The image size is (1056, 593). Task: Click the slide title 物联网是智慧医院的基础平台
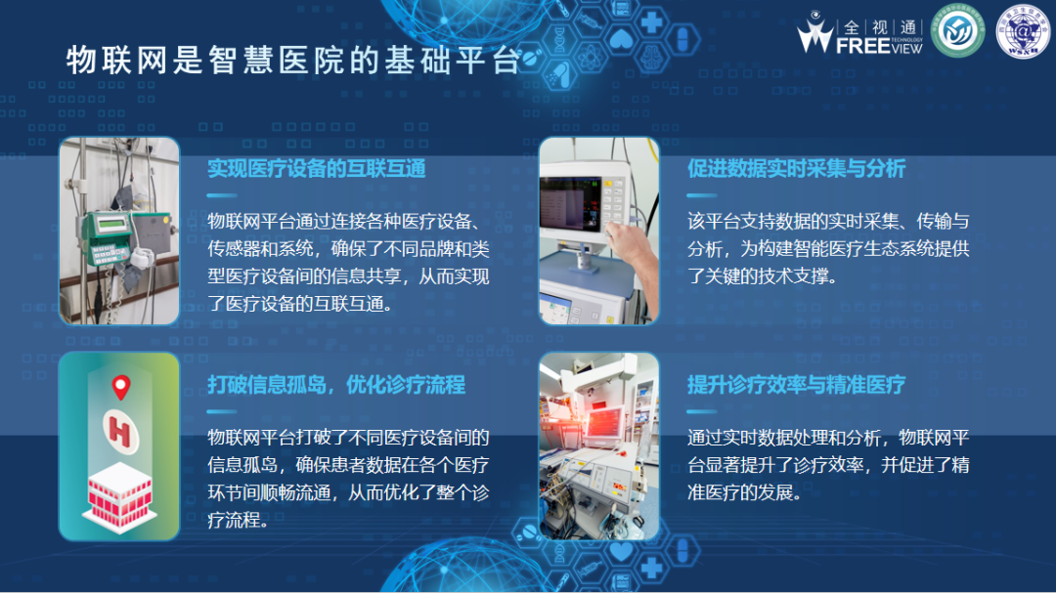pos(292,61)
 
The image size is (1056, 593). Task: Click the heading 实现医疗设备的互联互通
pos(316,169)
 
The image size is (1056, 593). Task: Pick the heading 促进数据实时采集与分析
pos(796,169)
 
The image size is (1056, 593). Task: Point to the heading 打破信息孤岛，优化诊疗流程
pos(335,384)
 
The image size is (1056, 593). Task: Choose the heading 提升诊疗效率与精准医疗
pos(796,384)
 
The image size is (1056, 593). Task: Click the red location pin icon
pos(121,388)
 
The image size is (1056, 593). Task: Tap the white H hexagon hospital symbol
pos(119,430)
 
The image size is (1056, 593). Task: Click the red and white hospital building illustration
pos(119,493)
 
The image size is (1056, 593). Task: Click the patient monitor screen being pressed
pos(571,199)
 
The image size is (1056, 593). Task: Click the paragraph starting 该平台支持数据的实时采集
pos(827,249)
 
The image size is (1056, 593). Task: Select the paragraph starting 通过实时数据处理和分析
pos(827,465)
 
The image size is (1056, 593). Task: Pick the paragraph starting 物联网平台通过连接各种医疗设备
pos(348,262)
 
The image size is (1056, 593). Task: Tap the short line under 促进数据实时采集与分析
pos(702,195)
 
